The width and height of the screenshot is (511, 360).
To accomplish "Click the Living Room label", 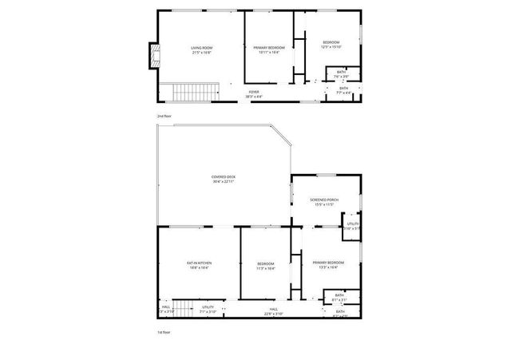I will click(x=200, y=50).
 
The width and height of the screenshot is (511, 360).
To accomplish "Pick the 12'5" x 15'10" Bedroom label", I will click(x=331, y=44).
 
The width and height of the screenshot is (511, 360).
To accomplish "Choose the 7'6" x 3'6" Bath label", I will click(x=341, y=74).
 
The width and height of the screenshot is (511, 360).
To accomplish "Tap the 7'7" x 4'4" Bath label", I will click(x=343, y=89).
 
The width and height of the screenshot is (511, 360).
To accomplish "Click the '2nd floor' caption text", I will click(x=164, y=116).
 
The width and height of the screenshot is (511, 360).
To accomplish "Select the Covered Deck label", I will click(x=224, y=179).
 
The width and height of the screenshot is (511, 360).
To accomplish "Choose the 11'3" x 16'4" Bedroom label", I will click(x=266, y=266).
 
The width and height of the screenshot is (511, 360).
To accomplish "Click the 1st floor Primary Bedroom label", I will click(x=328, y=264).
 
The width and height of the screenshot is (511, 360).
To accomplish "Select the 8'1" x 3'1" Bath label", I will click(x=339, y=298).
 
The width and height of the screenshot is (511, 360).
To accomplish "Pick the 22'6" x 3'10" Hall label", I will click(x=273, y=311).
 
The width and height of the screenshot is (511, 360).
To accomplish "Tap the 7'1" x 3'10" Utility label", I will click(x=208, y=309).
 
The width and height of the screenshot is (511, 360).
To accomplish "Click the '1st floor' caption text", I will click(x=164, y=331).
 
